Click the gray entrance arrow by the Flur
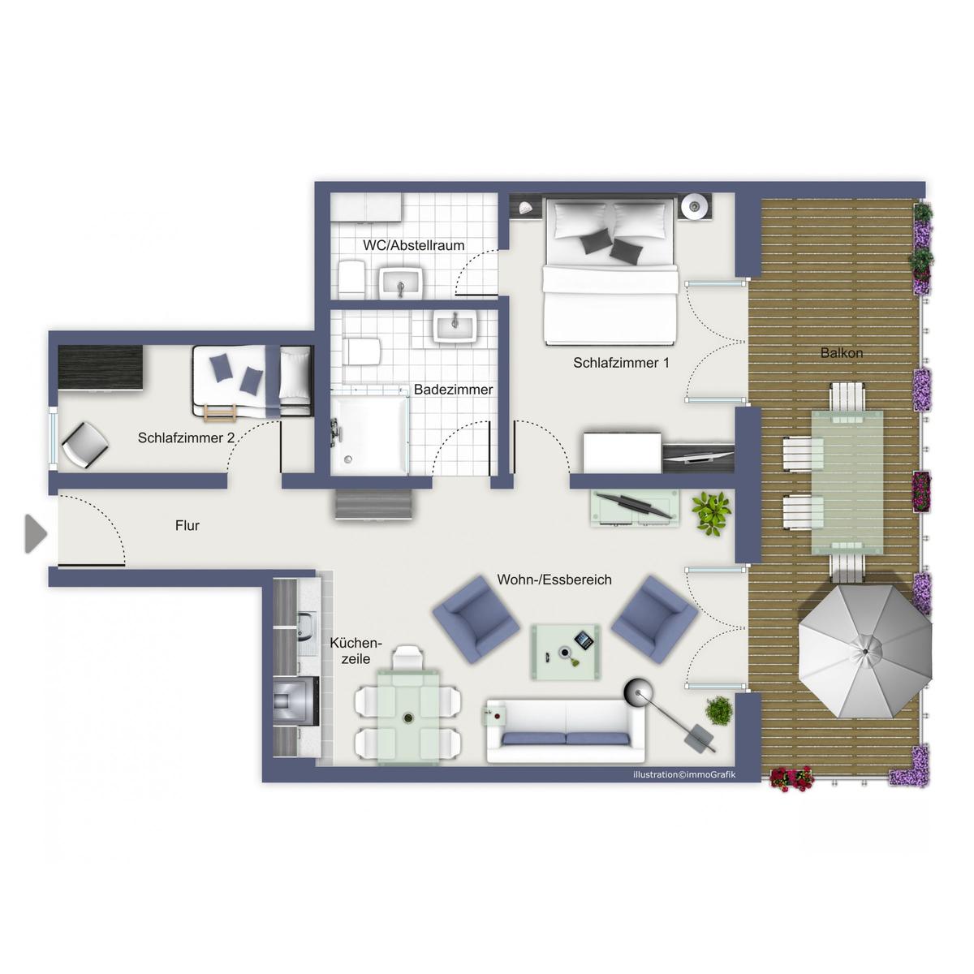tap(36, 533)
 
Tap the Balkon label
tap(841, 353)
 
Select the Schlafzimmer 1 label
tap(621, 362)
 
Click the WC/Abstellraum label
tap(413, 245)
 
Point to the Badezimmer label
tap(453, 390)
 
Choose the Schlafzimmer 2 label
tap(186, 437)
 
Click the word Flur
tap(187, 526)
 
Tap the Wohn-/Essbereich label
tap(554, 580)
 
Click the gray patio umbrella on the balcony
tap(864, 651)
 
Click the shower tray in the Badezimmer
tap(369, 435)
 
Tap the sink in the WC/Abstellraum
tap(400, 282)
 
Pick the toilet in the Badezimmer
tap(361, 351)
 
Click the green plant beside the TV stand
tap(712, 513)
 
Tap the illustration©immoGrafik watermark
tap(685, 774)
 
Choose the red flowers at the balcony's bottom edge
tap(791, 778)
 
